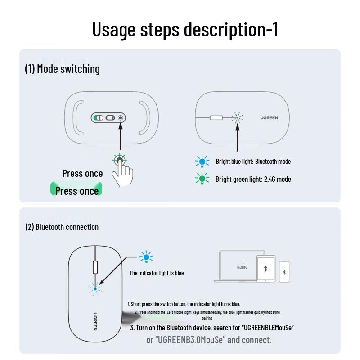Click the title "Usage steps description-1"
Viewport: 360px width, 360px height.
point(185,29)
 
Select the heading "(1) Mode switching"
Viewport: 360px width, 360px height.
point(62,69)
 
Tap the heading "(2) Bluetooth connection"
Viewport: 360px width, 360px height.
point(62,227)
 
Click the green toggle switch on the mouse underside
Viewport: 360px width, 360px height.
point(98,118)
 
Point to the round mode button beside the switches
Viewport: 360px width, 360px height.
point(121,118)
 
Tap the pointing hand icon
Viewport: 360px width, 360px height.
point(121,171)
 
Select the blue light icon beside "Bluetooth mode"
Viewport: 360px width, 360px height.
point(202,161)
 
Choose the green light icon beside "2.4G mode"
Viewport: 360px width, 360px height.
point(202,179)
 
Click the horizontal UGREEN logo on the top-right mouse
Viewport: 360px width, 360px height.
point(269,118)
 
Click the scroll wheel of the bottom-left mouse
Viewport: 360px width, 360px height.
point(95,266)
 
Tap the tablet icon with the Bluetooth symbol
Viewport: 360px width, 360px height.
point(265,269)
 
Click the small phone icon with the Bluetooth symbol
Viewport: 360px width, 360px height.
point(284,272)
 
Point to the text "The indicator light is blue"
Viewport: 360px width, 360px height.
point(157,273)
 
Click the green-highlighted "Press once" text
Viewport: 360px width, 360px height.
point(77,191)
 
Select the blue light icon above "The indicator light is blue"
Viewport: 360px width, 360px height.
point(146,257)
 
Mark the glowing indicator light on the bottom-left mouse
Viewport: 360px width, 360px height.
point(95,288)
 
